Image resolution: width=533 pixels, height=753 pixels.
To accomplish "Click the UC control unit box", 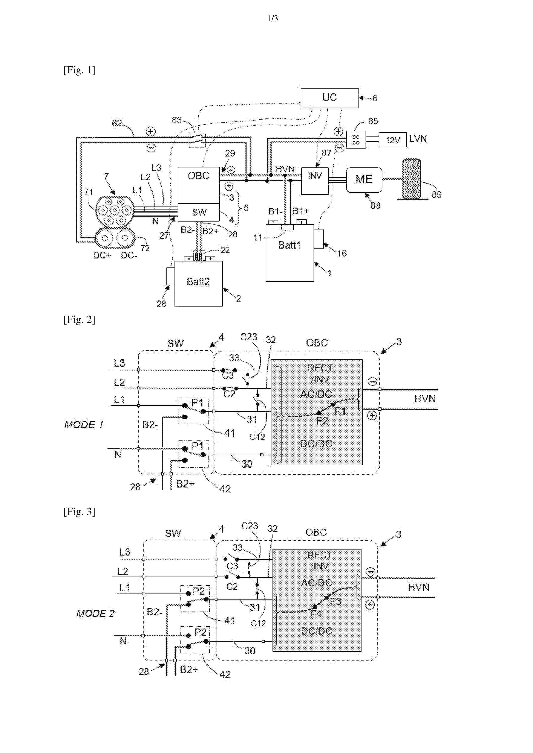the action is point(329,98).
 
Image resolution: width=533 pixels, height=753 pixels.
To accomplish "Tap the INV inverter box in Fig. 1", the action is point(315,181).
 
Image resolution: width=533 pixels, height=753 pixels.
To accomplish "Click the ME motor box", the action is point(364,180).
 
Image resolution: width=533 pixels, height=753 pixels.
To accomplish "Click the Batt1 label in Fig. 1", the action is point(289,245).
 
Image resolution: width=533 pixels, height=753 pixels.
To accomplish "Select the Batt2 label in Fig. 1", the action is point(198,282).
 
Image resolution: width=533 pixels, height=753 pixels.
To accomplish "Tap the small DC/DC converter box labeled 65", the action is point(356,140).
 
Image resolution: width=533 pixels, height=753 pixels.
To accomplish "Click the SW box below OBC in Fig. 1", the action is point(198,212).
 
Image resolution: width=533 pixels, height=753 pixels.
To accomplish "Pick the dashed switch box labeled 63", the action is point(197,140).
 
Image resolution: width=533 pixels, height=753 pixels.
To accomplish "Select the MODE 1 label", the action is point(84,425).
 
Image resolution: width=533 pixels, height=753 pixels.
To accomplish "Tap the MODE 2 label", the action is point(95,613).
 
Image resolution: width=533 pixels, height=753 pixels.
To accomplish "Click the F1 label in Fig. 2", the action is point(340,411).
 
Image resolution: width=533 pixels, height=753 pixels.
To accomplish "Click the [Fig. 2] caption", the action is point(79,319).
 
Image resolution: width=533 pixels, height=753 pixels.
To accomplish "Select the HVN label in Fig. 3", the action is point(418,587).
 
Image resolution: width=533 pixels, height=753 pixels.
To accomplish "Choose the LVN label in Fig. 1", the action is point(418,138).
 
